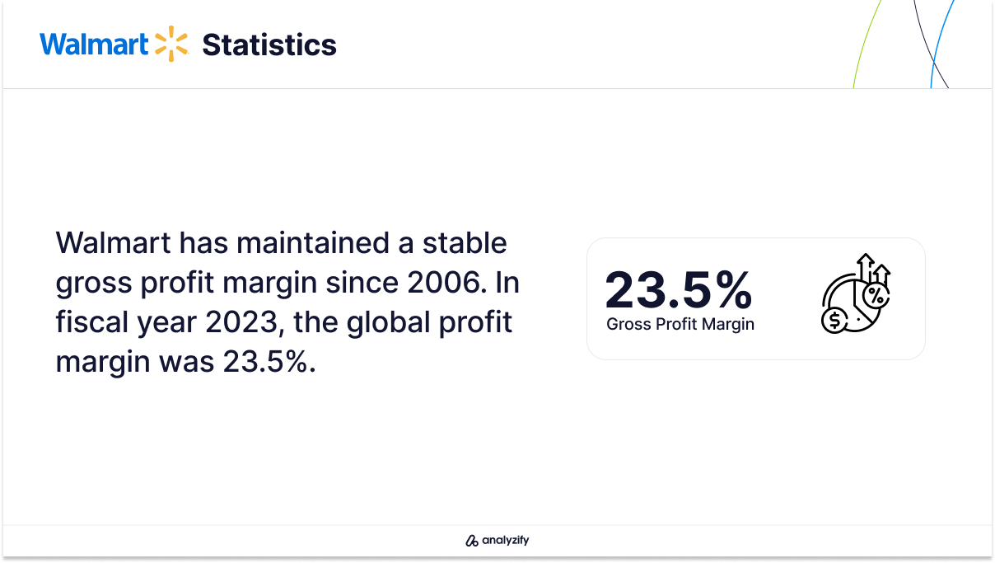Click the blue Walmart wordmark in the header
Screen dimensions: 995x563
94,45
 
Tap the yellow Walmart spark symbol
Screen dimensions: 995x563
171,44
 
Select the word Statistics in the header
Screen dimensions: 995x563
269,45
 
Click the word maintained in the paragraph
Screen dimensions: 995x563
313,243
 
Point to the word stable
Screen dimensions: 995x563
465,243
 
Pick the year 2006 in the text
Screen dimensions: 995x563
444,283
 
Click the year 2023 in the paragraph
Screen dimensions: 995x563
242,322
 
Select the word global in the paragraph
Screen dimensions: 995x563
388,322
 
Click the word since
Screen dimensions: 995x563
362,283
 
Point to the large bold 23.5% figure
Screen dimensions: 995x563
678,289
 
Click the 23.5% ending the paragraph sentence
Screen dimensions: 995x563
265,362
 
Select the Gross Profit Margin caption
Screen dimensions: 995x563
680,324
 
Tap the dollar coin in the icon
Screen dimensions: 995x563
834,320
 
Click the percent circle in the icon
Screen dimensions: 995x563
876,295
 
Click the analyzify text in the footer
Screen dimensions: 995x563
506,540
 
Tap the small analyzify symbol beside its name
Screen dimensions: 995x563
471,541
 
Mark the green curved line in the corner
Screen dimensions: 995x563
866,44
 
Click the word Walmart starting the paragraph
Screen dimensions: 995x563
113,243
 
